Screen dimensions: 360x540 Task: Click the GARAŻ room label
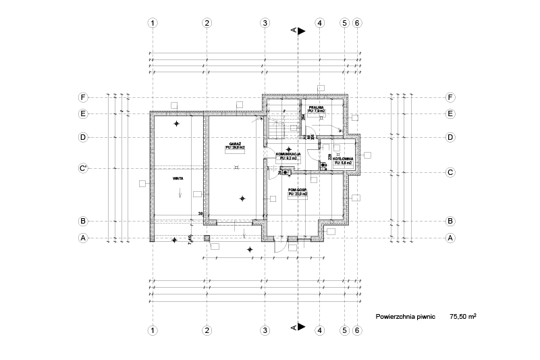(236, 144)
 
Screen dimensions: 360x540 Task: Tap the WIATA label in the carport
(178, 179)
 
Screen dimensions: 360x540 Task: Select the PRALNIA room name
(316, 107)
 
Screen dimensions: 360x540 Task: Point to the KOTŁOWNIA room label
(343, 159)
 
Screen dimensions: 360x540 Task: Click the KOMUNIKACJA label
(288, 154)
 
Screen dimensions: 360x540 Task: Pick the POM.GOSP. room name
(298, 189)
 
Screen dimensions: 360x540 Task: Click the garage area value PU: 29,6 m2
(236, 148)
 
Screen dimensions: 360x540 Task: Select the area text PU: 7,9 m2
(316, 111)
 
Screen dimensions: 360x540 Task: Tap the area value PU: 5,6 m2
(343, 163)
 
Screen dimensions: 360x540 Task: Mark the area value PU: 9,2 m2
(288, 158)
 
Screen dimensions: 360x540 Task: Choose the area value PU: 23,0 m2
(298, 193)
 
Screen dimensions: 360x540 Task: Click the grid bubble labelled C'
(83, 168)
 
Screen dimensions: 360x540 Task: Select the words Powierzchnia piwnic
(406, 315)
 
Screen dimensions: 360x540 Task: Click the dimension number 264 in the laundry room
(304, 116)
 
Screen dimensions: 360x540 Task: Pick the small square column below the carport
(207, 238)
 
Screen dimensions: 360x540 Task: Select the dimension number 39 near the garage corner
(200, 214)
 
